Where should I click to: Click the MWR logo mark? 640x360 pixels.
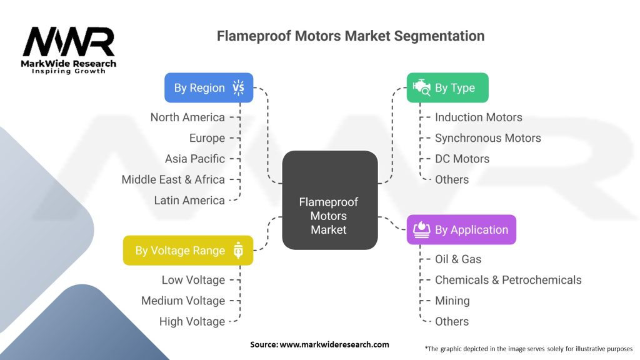pyautogui.click(x=69, y=41)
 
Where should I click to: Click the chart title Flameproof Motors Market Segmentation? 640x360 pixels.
pyautogui.click(x=351, y=36)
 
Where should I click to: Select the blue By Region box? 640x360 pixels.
pyautogui.click(x=209, y=87)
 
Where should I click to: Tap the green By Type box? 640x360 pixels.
pyautogui.click(x=447, y=87)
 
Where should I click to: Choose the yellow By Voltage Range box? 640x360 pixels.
pyautogui.click(x=188, y=250)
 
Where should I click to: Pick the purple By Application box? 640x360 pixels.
pyautogui.click(x=461, y=230)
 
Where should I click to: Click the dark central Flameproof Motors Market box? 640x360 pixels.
pyautogui.click(x=330, y=200)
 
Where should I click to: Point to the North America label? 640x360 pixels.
pyautogui.click(x=187, y=117)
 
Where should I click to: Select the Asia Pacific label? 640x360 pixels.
pyautogui.click(x=195, y=159)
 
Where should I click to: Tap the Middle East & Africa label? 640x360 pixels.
pyautogui.click(x=173, y=179)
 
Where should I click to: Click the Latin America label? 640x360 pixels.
pyautogui.click(x=189, y=201)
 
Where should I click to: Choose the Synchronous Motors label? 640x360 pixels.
pyautogui.click(x=487, y=138)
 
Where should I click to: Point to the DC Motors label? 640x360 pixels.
pyautogui.click(x=462, y=159)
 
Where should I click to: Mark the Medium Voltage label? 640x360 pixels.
pyautogui.click(x=183, y=301)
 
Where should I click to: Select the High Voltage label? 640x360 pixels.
pyautogui.click(x=192, y=322)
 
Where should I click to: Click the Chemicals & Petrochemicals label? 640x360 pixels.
pyautogui.click(x=508, y=280)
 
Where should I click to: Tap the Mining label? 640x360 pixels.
pyautogui.click(x=452, y=301)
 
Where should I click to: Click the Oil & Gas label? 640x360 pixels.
pyautogui.click(x=458, y=259)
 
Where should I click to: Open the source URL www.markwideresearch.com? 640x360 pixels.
pyautogui.click(x=334, y=344)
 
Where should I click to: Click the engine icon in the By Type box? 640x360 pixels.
pyautogui.click(x=422, y=87)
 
